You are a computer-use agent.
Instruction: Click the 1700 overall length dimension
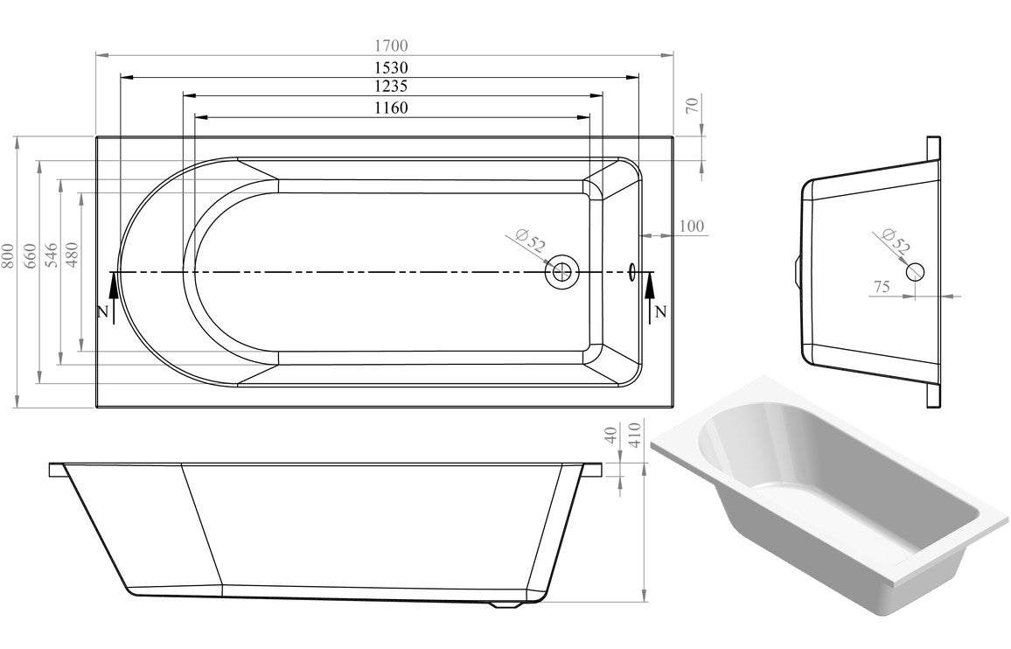(x=392, y=45)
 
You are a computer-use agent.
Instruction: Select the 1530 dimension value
(x=392, y=67)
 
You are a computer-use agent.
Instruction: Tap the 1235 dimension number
(x=392, y=86)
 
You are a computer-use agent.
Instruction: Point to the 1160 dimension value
(x=392, y=107)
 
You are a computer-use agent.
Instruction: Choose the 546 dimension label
(x=52, y=255)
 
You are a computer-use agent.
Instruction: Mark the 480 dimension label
(x=72, y=255)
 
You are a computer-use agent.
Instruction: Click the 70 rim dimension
(x=694, y=105)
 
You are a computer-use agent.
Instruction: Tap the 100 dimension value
(x=691, y=226)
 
